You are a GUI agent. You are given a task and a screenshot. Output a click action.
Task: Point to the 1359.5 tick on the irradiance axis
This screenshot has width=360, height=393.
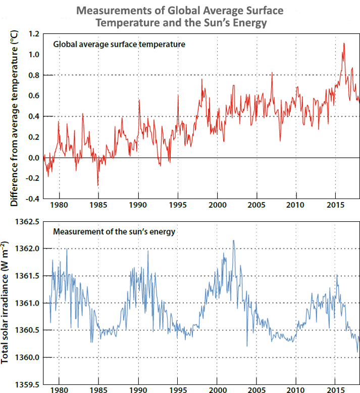click(x=26, y=384)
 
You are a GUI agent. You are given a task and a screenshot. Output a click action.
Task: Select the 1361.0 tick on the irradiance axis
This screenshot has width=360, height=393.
click(x=26, y=303)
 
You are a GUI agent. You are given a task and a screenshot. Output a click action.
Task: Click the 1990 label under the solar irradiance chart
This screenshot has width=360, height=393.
click(x=138, y=390)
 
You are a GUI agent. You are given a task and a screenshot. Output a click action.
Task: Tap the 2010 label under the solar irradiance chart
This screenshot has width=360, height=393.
click(x=296, y=390)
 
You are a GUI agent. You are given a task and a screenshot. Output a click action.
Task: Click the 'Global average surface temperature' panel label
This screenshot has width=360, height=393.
click(x=120, y=44)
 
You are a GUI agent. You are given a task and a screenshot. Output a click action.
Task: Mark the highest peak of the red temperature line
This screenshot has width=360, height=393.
click(x=344, y=43)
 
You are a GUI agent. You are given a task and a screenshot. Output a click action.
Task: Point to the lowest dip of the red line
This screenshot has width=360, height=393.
click(x=98, y=185)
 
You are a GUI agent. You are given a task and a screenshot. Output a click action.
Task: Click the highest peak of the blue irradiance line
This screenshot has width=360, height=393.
click(x=233, y=240)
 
